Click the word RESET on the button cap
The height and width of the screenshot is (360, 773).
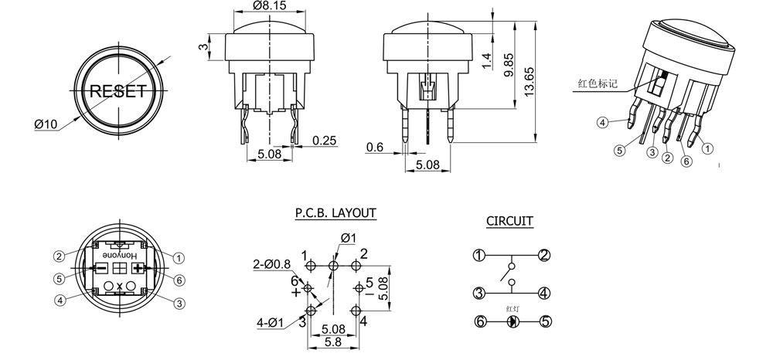click(x=118, y=91)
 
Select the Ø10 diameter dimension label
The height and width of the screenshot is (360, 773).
click(x=46, y=124)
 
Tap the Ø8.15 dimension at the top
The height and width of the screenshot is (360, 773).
click(x=269, y=5)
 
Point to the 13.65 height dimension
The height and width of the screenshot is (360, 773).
click(x=530, y=82)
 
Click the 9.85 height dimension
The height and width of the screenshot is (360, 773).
click(x=509, y=64)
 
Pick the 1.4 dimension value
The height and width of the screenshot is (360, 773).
click(x=487, y=60)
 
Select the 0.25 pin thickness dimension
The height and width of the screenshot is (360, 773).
click(x=325, y=141)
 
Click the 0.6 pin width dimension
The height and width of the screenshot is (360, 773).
click(x=375, y=148)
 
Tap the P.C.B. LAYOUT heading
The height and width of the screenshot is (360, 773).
click(x=335, y=212)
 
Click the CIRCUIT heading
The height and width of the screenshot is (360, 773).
click(x=509, y=221)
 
